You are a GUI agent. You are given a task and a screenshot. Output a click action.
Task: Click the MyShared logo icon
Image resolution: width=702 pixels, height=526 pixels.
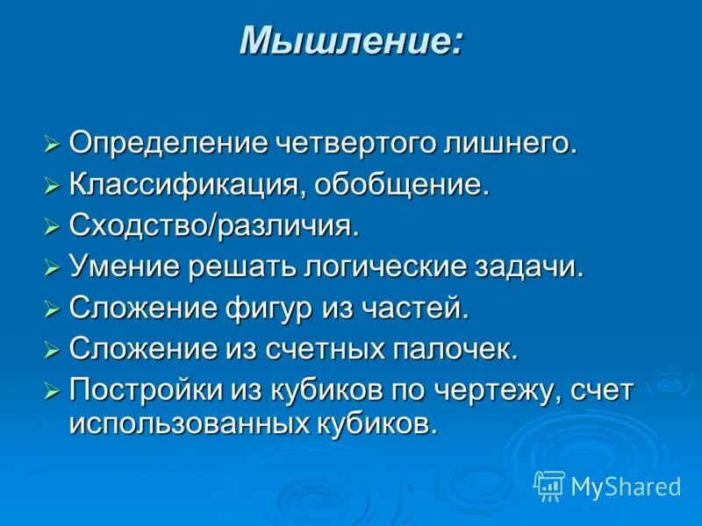point(548,485)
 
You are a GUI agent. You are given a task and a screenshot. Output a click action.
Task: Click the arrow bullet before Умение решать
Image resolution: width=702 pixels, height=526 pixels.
point(52,268)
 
